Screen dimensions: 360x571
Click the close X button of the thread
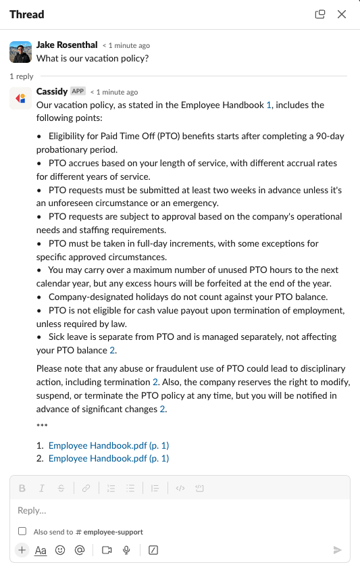341,14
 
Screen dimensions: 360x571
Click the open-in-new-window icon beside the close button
320,14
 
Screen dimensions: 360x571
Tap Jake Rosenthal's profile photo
20,51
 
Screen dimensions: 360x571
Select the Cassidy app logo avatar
20,98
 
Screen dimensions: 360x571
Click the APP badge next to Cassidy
78,91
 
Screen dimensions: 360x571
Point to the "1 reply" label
22,77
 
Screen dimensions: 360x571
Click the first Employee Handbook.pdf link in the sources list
109,446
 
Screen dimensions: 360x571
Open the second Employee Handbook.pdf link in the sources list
109,458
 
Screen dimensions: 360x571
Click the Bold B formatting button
22,488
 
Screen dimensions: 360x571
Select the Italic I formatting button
42,488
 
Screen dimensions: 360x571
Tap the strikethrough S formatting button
61,488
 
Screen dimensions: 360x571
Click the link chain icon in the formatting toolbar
86,488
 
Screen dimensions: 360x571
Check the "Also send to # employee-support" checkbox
22,532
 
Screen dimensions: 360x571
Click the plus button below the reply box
22,550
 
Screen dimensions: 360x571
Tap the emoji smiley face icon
60,550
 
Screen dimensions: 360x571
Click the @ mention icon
79,550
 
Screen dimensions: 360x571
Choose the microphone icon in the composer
126,550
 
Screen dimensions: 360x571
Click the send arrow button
338,550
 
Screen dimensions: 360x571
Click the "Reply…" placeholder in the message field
32,510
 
